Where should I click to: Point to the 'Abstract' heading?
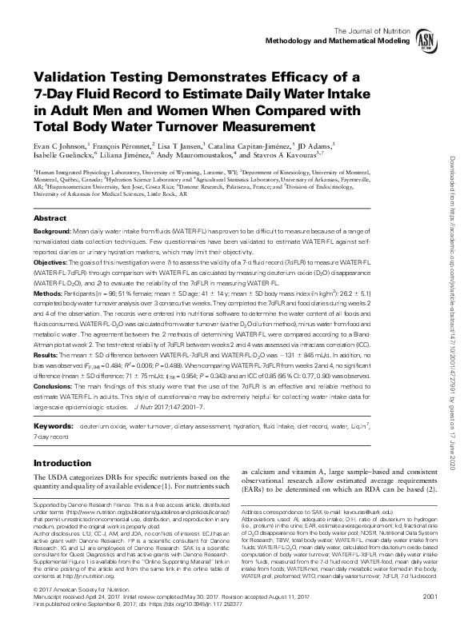point(50,217)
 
